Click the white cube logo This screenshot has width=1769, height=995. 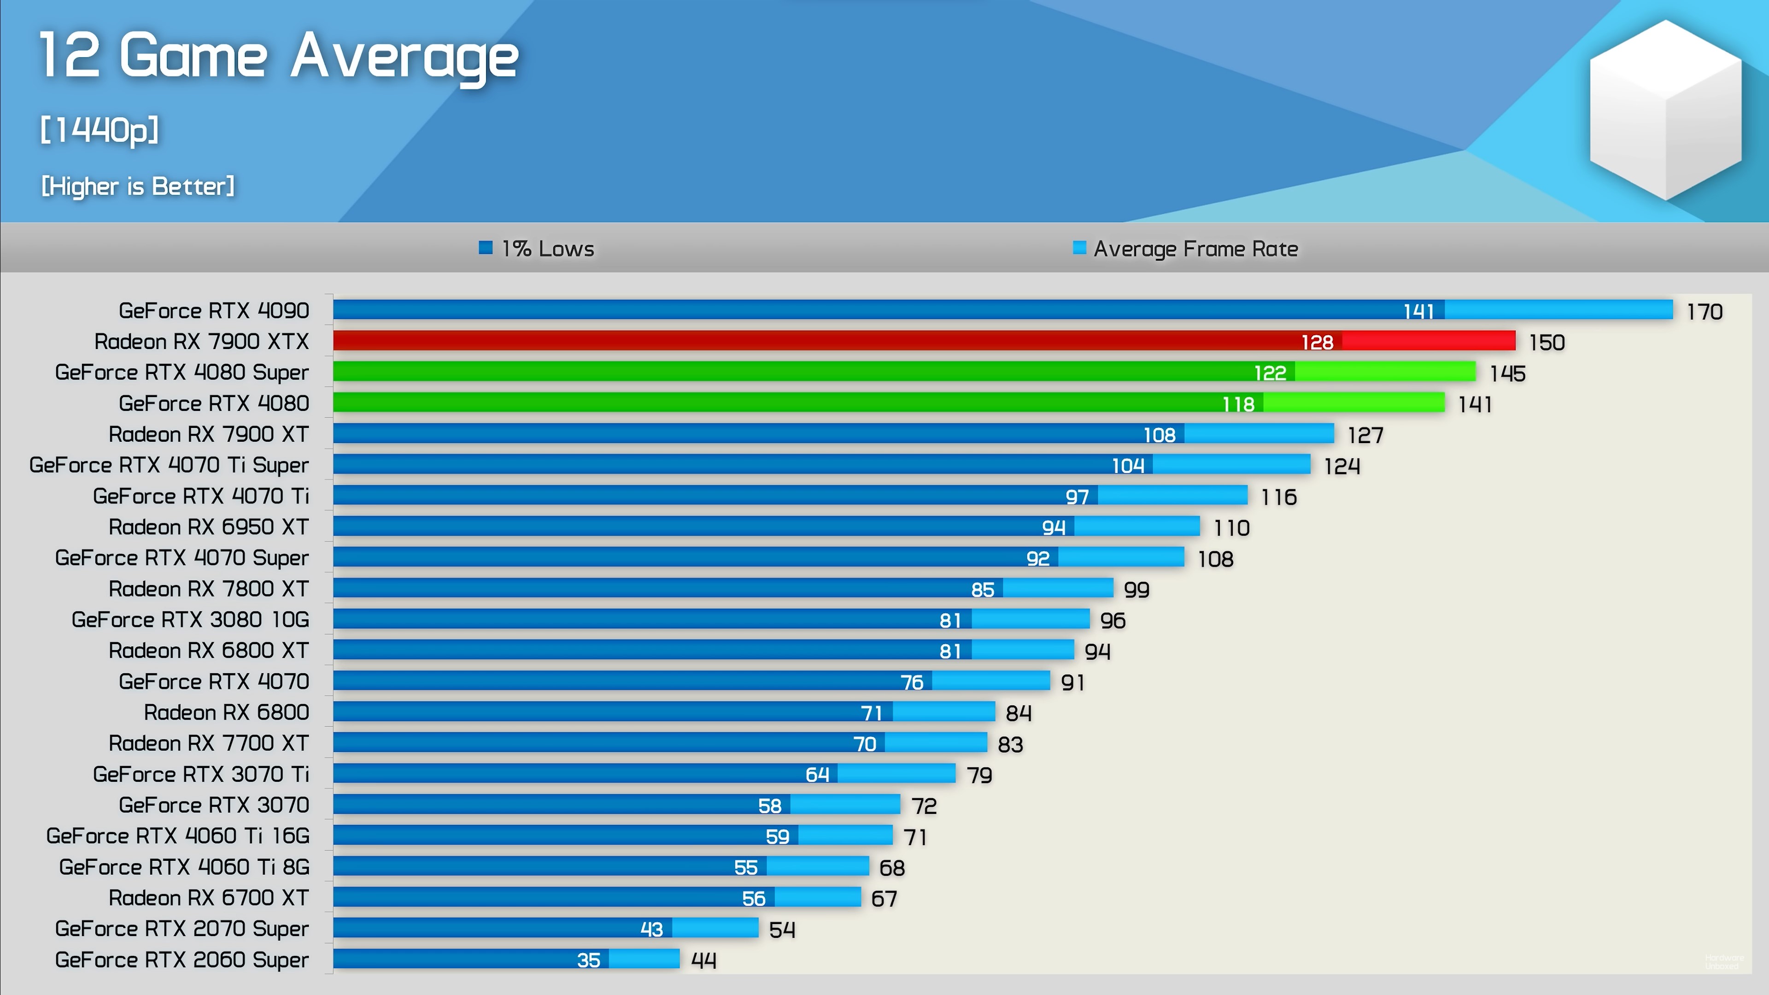[x=1665, y=110]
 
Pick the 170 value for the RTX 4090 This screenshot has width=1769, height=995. [x=1705, y=312]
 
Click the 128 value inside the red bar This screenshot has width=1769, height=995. [x=1317, y=342]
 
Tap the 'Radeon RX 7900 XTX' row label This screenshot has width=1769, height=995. [x=201, y=341]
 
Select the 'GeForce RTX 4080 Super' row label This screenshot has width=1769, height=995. [x=182, y=372]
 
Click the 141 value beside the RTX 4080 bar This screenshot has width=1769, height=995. [x=1474, y=404]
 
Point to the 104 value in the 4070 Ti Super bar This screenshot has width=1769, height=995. [x=1128, y=466]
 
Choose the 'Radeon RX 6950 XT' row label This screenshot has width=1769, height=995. [x=208, y=527]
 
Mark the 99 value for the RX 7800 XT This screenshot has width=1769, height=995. [x=1136, y=589]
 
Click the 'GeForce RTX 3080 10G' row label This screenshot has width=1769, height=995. [x=190, y=620]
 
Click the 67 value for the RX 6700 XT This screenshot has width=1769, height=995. [x=884, y=898]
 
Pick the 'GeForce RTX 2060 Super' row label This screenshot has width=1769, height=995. [x=182, y=959]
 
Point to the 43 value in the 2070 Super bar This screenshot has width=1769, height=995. [x=651, y=929]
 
